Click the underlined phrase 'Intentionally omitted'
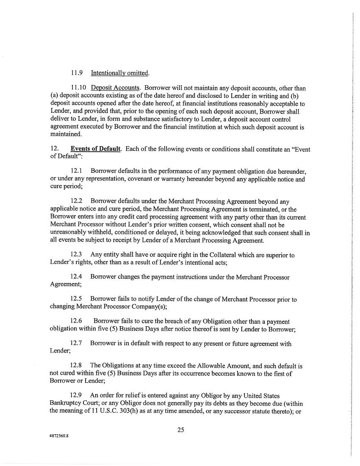point(120,73)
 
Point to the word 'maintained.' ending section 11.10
point(66,134)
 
